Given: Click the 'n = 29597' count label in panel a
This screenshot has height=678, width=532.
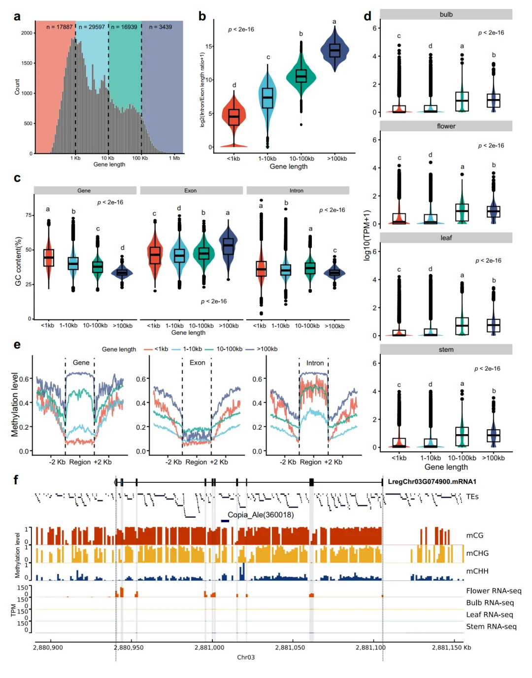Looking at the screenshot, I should (92, 27).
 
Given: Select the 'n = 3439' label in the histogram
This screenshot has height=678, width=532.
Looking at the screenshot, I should (160, 27).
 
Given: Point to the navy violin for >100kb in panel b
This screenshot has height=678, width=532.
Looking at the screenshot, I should (334, 50).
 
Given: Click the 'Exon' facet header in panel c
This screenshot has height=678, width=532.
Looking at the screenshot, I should (191, 191).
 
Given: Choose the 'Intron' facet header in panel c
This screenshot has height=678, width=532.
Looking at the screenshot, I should (297, 191).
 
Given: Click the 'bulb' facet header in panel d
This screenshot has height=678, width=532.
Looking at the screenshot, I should (446, 14).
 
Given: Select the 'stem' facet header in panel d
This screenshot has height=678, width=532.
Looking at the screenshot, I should (446, 349).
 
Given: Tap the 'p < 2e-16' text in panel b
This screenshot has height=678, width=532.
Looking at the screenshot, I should (241, 30).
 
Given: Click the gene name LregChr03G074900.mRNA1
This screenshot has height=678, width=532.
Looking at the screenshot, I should (432, 481).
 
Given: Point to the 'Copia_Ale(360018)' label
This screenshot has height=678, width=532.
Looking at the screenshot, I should (261, 514).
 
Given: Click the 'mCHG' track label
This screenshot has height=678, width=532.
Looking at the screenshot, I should (477, 553).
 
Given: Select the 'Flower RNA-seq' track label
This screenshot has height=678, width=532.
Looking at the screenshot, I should (494, 591).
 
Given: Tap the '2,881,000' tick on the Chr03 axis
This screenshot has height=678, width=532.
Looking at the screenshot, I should (209, 647).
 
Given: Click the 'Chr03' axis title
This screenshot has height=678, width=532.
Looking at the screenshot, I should (246, 657).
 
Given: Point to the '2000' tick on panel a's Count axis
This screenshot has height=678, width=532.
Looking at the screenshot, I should (27, 33).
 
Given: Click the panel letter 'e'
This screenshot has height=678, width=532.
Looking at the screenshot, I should (17, 344).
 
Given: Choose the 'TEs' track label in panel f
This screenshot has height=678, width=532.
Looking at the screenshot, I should (472, 497).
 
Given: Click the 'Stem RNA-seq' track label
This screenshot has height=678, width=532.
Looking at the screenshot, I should (491, 626).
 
